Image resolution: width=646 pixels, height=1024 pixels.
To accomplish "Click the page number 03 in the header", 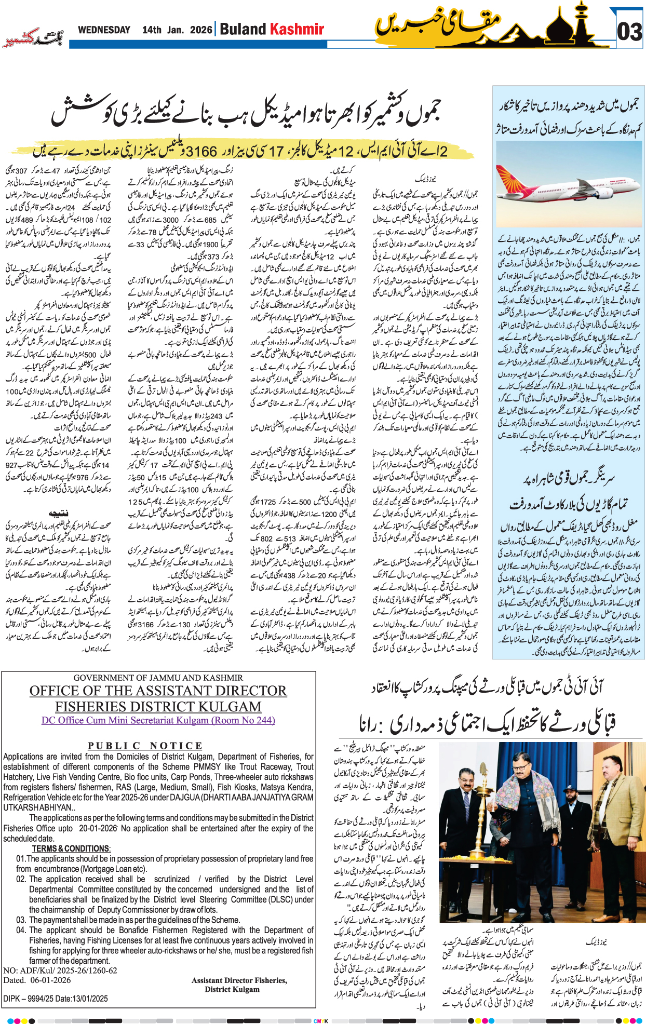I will tap(629, 32).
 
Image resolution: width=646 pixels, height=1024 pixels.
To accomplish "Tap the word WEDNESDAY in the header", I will tap(104, 30).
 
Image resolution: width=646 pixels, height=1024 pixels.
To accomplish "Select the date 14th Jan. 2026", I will tap(177, 30).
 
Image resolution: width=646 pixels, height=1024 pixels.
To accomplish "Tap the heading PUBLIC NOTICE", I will tap(145, 746).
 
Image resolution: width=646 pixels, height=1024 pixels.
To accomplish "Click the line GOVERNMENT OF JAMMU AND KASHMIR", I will tap(158, 678).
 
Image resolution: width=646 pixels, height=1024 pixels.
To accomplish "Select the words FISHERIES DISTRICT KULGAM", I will tap(158, 707).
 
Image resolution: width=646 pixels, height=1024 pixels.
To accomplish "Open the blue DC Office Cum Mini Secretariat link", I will tap(158, 720).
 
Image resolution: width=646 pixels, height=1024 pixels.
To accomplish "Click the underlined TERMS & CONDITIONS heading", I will tap(71, 848).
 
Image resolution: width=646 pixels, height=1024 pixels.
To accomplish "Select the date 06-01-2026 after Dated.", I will tap(50, 980).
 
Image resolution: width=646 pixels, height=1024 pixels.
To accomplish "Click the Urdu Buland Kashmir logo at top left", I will tap(33, 38).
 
